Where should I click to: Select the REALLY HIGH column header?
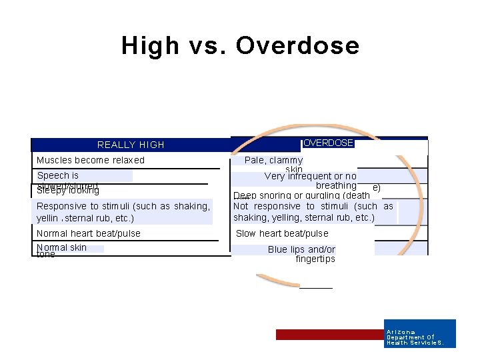coord(131,145)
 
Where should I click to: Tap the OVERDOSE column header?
coord(328,143)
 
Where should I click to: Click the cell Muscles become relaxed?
coord(91,160)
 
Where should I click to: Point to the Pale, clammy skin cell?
coord(274,164)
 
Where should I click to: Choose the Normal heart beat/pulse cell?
coord(89,233)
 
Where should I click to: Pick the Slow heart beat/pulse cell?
coord(282,233)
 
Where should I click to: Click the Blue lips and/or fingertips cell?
coord(302,254)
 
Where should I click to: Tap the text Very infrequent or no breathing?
coord(310,181)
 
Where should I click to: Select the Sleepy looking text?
coord(68,191)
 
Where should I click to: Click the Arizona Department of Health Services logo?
coord(420,333)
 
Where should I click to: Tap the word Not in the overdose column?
coord(241,206)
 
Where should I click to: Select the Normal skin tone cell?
coord(61,250)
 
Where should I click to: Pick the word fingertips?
coord(315,259)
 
